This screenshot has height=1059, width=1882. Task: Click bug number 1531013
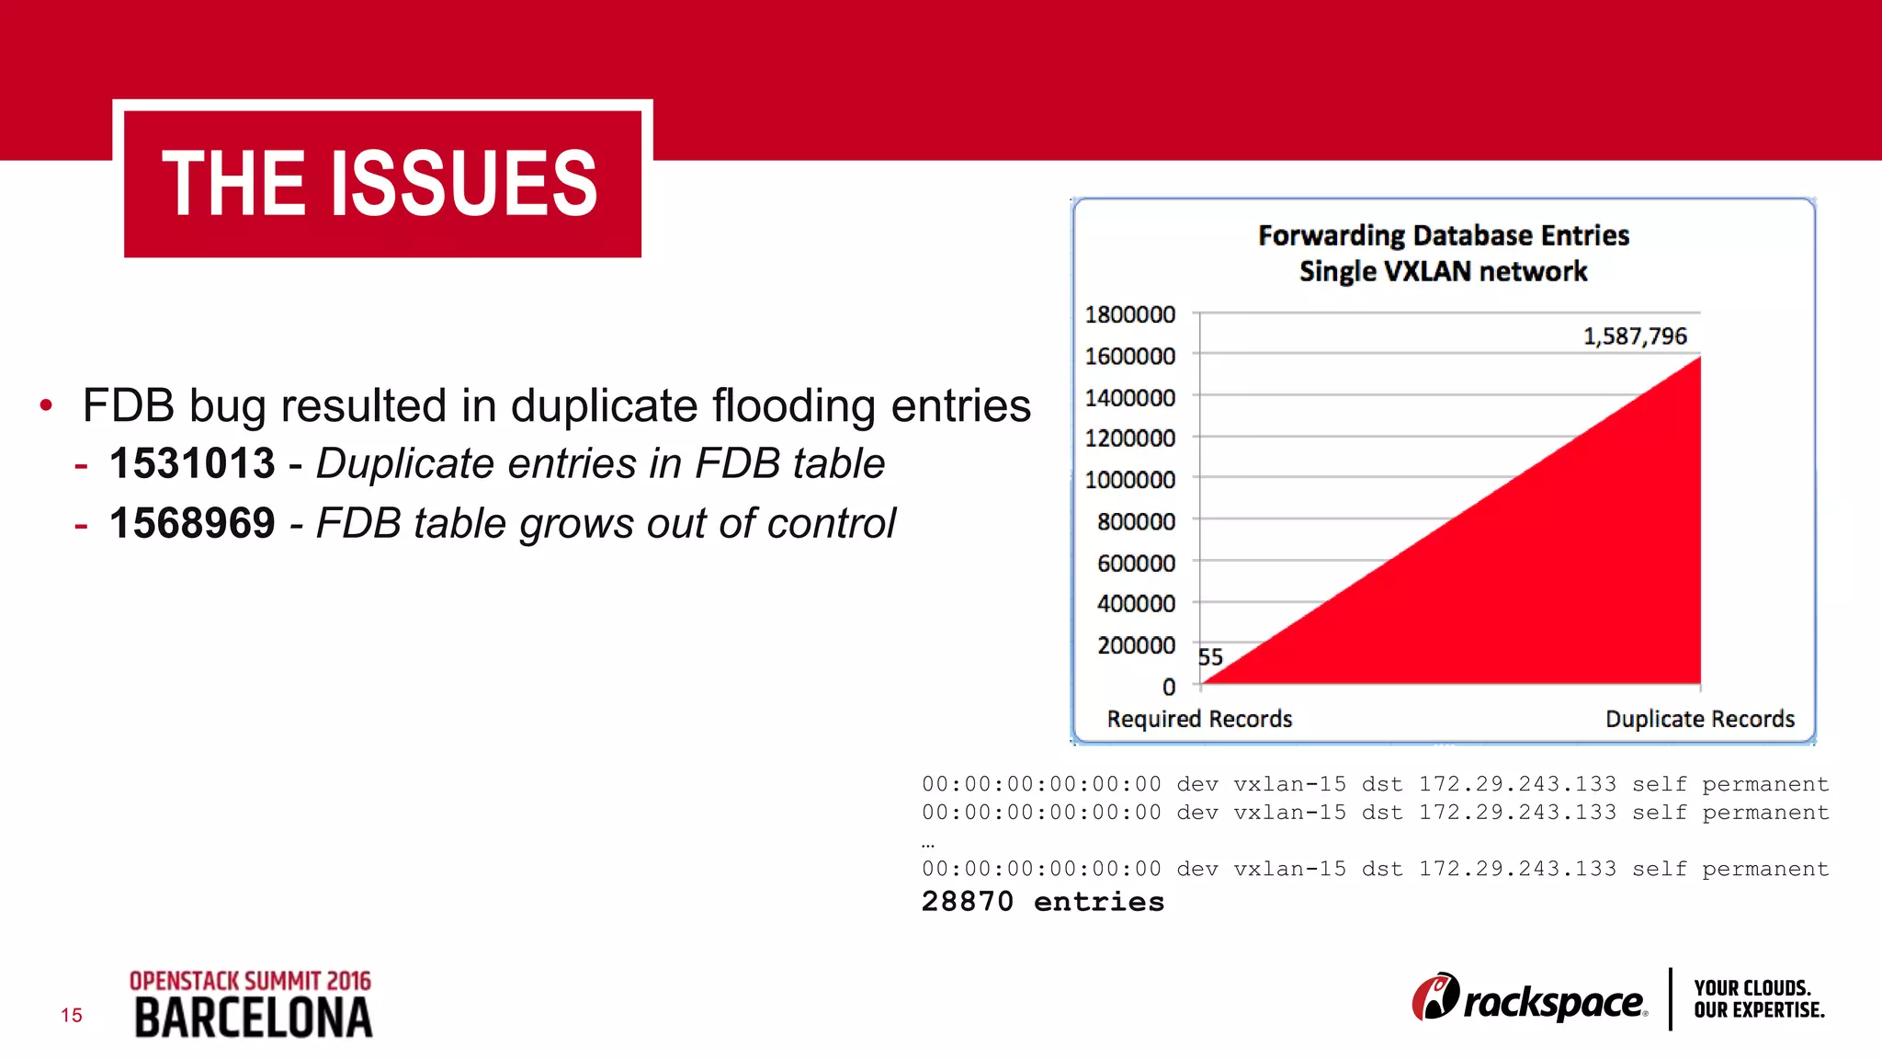click(192, 463)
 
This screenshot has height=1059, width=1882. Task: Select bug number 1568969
click(192, 523)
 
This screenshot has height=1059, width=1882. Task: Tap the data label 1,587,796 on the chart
click(1635, 336)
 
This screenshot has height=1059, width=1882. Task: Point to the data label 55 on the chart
click(1210, 657)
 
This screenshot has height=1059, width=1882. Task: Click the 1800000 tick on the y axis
click(1129, 314)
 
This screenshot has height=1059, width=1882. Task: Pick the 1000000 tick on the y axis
click(1129, 480)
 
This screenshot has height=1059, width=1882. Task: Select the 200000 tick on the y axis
click(1136, 645)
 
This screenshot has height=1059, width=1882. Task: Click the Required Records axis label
click(1199, 719)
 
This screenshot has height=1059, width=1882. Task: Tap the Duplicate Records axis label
click(1699, 719)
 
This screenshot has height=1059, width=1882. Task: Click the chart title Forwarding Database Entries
click(1443, 235)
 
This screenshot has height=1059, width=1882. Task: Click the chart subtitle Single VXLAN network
click(1443, 271)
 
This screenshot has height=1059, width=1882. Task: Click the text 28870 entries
click(1042, 902)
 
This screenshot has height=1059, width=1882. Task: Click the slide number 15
click(72, 1015)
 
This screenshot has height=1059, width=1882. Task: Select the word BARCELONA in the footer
click(253, 1019)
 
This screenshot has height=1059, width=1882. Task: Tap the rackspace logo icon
click(1435, 997)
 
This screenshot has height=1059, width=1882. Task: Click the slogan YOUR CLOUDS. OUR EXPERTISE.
click(1758, 999)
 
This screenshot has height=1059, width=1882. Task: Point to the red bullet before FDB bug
click(46, 404)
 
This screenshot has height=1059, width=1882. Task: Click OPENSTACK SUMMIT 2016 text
click(250, 981)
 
